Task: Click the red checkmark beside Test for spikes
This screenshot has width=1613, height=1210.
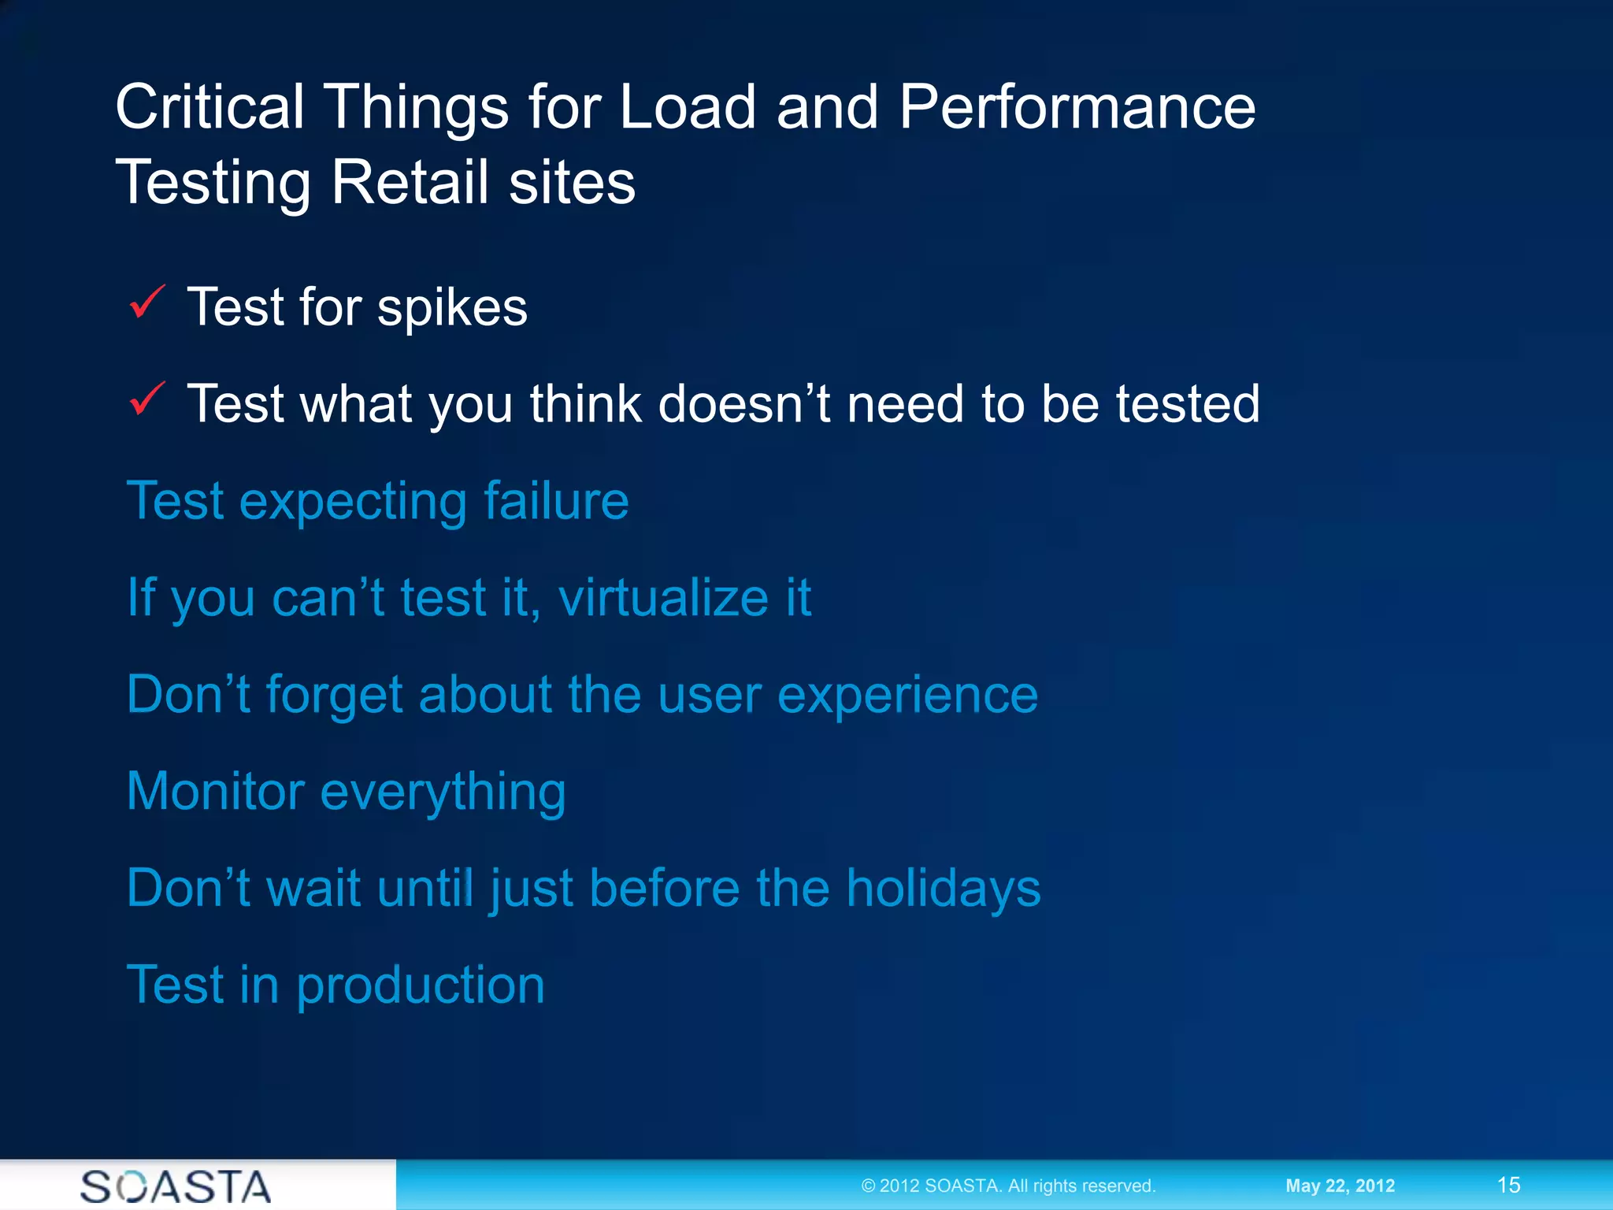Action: pos(147,302)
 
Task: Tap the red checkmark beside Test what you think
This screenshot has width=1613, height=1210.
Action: pos(147,399)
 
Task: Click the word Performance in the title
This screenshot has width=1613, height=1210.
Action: pos(1077,108)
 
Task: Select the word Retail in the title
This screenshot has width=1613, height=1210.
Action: pos(410,183)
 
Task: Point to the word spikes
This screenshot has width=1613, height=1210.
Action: pos(452,309)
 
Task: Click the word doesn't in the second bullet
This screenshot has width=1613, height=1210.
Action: pos(743,404)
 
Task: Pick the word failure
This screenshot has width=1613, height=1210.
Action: pos(556,501)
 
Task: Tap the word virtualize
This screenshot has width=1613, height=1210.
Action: pos(663,598)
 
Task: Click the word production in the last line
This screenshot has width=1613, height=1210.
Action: pos(421,986)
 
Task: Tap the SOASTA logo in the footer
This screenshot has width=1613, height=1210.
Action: pos(176,1186)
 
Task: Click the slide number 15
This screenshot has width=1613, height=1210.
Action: pos(1508,1185)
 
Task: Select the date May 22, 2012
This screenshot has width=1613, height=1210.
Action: pos(1340,1186)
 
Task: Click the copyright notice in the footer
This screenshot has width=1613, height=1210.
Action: pos(1008,1186)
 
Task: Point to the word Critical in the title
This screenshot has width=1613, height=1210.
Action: pos(210,108)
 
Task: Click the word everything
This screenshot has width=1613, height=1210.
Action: pos(443,792)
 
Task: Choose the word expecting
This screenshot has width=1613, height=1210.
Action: pos(353,503)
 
